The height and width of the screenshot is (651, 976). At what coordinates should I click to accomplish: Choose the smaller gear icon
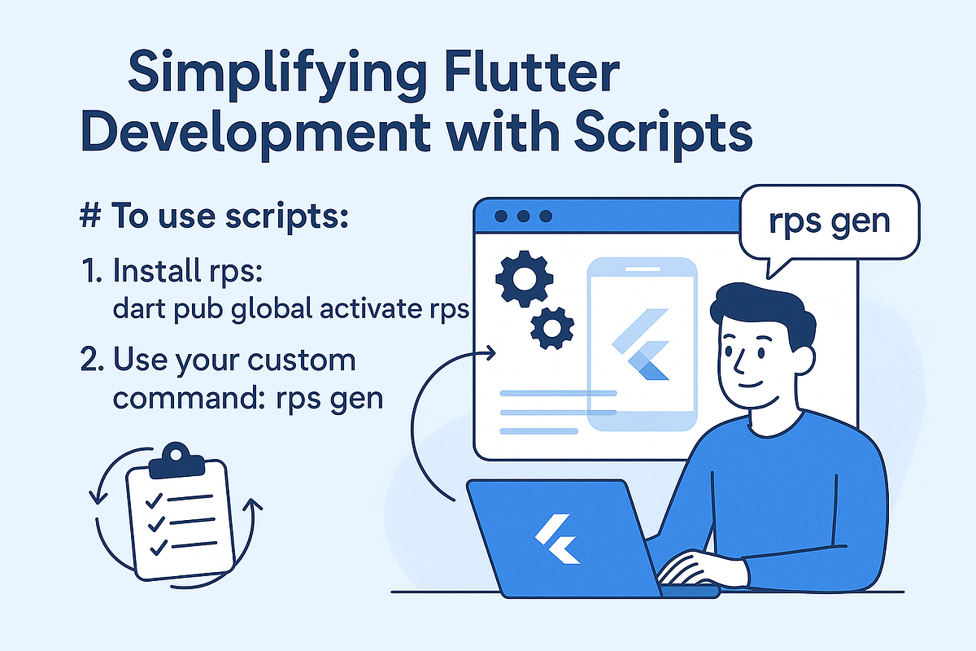(551, 329)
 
